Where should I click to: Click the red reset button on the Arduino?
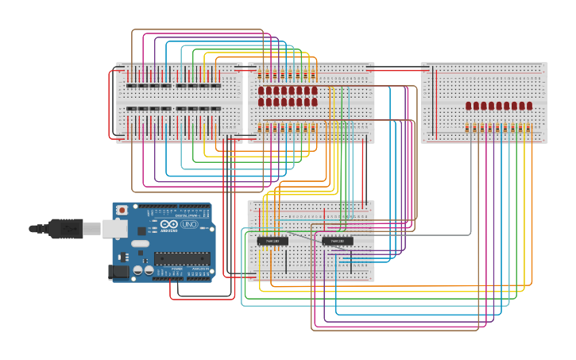point(122,210)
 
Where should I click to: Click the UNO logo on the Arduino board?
point(190,225)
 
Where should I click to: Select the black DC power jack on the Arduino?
point(118,271)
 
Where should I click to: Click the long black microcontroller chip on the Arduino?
point(182,257)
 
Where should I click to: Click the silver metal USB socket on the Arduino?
point(114,229)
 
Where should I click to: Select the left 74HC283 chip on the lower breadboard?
point(273,241)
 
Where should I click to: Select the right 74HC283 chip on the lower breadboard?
point(338,241)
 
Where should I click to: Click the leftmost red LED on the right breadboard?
point(469,106)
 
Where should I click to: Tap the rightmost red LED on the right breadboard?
point(529,106)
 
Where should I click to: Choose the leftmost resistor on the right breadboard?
point(469,127)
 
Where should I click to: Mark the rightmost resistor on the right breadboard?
point(529,127)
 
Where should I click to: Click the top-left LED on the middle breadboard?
point(262,91)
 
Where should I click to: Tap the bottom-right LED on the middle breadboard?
point(314,102)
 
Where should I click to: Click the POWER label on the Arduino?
point(177,270)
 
